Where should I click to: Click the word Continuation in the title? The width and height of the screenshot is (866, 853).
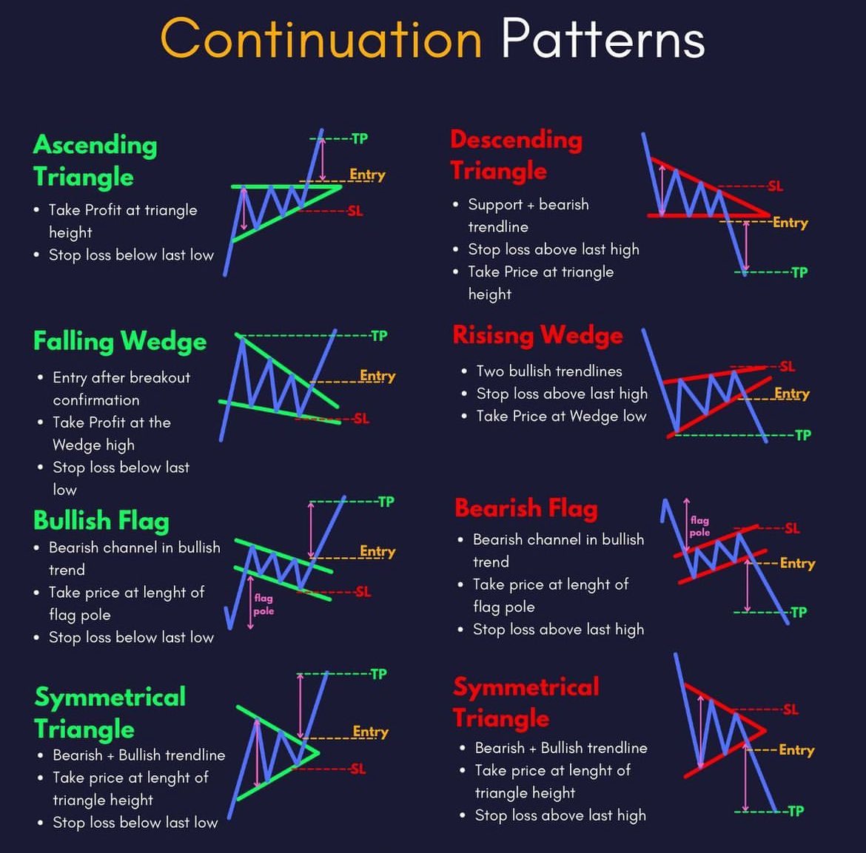tap(321, 38)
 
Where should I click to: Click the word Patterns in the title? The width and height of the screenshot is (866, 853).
tap(603, 38)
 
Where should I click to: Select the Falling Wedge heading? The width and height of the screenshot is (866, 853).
tap(120, 341)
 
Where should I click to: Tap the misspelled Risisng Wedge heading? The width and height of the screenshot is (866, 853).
tap(538, 335)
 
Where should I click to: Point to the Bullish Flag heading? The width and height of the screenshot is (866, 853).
tap(101, 521)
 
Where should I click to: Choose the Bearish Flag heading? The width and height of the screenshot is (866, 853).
tap(526, 508)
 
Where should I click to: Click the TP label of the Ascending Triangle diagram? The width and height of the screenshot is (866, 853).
tap(360, 138)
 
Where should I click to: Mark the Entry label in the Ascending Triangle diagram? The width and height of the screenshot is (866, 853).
tap(367, 175)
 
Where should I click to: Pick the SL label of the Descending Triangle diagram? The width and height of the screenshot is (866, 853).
tap(776, 186)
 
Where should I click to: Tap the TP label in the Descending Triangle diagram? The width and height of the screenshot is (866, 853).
tap(799, 272)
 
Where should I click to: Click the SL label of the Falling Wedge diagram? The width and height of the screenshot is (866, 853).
tap(362, 419)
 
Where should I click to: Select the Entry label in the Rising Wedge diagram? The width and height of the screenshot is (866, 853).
tap(792, 394)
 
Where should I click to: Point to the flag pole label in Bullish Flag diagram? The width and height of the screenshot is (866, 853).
tap(264, 604)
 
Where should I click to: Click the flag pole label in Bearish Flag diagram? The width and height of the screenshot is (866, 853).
tap(699, 526)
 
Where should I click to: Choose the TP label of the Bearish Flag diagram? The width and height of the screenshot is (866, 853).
tap(799, 613)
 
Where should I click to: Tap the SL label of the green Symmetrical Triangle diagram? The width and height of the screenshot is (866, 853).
tap(358, 769)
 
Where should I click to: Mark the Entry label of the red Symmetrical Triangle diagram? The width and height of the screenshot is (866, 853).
tap(796, 749)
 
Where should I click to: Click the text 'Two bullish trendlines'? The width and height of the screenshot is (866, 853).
tap(549, 371)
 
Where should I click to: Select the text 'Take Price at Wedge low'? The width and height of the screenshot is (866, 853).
tap(561, 417)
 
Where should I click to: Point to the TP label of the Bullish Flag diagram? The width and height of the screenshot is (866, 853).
tap(386, 502)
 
